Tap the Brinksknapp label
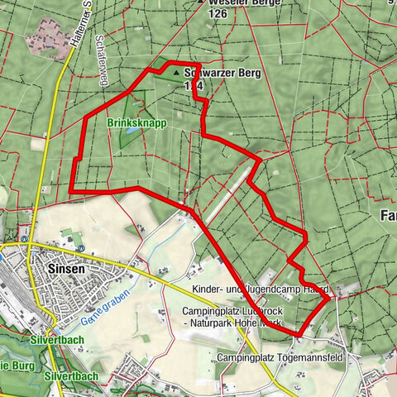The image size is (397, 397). click(137, 122)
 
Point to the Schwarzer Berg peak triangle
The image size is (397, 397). click(176, 74)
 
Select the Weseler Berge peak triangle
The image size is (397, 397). click(201, 2)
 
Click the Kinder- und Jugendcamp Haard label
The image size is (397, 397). click(261, 289)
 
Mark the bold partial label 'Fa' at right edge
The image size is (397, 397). click(386, 215)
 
